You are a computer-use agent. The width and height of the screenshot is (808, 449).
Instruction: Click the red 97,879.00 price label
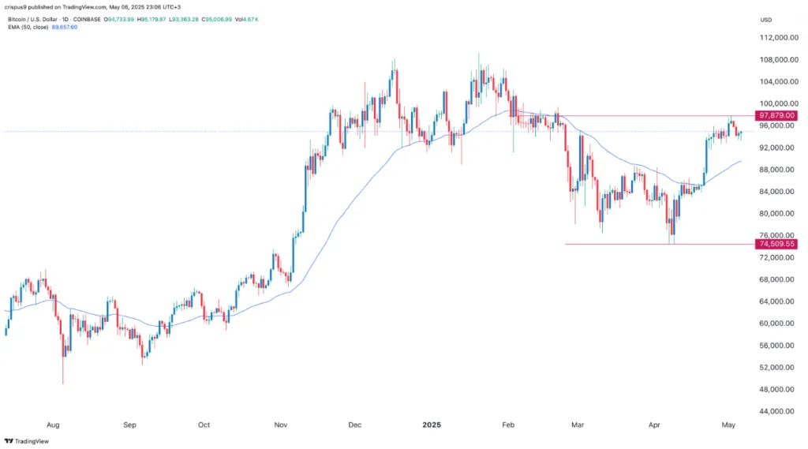[x=776, y=115]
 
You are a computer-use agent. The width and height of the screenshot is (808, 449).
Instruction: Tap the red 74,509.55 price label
[x=776, y=244]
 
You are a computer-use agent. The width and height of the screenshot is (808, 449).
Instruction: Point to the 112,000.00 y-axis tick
[x=775, y=37]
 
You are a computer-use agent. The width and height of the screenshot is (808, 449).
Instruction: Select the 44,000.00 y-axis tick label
[x=775, y=411]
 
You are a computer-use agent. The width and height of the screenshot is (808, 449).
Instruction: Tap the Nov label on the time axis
[x=281, y=425]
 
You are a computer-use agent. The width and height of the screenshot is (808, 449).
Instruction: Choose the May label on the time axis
[x=729, y=425]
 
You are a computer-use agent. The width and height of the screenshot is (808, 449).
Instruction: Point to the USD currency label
[x=765, y=19]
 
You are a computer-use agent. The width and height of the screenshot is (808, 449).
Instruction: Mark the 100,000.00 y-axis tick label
[x=775, y=103]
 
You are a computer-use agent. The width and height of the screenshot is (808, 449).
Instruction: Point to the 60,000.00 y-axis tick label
[x=775, y=324]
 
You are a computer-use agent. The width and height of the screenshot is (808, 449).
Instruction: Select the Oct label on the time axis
[x=204, y=425]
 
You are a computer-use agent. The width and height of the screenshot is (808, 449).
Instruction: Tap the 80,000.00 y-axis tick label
[x=775, y=213]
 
